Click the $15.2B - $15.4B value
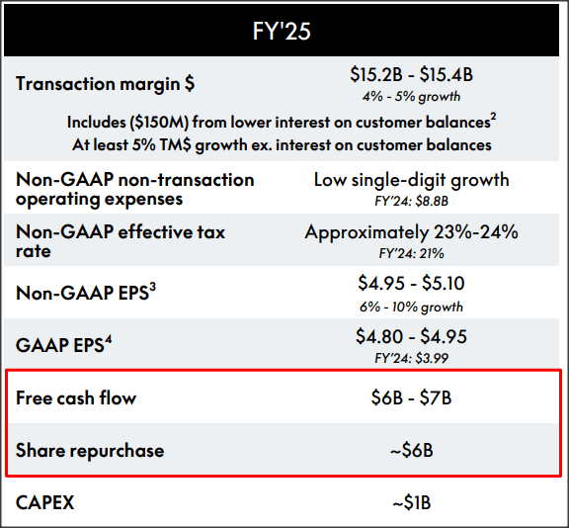(411, 75)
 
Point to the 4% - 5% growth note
(411, 97)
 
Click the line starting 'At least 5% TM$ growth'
(282, 144)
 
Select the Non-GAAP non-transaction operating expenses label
(134, 189)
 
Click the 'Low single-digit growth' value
(411, 180)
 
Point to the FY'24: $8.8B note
(411, 202)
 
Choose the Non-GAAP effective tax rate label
(121, 241)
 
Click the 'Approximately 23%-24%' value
(411, 232)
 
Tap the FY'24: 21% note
(411, 254)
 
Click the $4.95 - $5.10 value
(411, 284)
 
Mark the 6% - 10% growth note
(411, 307)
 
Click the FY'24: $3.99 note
(411, 359)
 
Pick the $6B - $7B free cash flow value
(411, 398)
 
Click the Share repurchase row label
(90, 451)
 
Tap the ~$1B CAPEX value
(411, 502)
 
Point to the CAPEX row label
(45, 502)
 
